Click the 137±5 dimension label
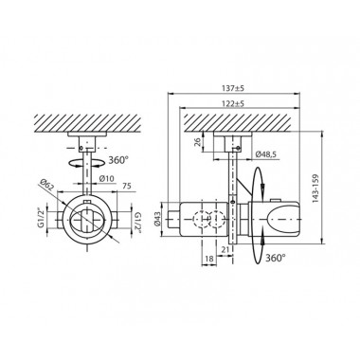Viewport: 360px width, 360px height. point(235,88)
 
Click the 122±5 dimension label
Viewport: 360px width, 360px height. point(235,103)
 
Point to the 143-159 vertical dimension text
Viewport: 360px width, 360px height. point(315,189)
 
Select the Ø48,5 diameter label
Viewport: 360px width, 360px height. point(265,154)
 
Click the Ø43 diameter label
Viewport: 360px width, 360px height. point(157,219)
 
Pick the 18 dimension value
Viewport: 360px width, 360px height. point(209,259)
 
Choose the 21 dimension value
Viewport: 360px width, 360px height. point(225,249)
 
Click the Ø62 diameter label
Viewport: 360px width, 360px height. point(48,185)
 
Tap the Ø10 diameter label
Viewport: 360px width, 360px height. point(106,179)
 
